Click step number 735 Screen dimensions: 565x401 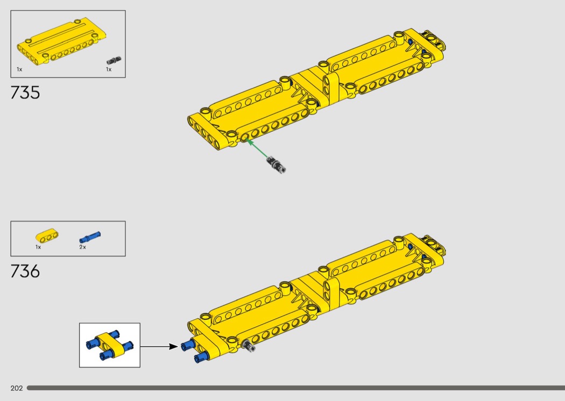25,92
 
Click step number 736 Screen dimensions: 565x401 25,271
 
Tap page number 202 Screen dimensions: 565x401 17,388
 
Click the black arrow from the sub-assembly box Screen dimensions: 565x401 159,347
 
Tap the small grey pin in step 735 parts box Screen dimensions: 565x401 114,61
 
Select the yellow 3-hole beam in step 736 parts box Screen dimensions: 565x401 47,236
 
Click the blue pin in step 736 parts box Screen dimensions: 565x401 90,238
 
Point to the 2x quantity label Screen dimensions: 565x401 82,247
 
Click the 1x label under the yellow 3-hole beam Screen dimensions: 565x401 38,247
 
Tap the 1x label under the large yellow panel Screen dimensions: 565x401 19,69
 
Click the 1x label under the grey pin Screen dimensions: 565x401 109,69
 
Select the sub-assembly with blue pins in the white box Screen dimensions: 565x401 110,345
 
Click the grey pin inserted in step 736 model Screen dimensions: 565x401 249,346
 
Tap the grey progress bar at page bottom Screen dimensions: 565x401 296,388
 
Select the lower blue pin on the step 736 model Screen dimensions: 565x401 201,357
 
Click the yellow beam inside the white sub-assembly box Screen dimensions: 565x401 109,345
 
